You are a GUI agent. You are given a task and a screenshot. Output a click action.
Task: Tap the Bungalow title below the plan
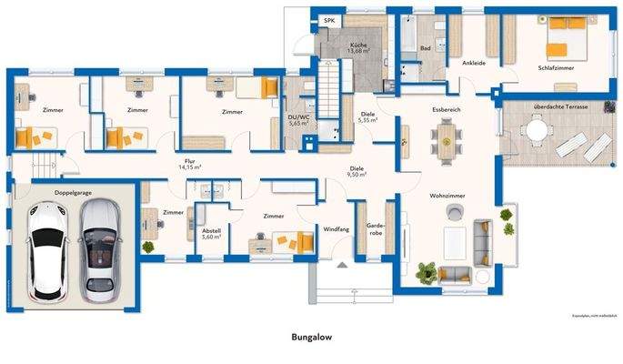coord(311,337)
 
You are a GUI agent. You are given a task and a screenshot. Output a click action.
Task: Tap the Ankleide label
coord(473,64)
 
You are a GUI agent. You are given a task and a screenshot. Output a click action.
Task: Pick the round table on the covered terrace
coord(538,132)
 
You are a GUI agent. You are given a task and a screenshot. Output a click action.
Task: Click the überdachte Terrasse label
coord(559,107)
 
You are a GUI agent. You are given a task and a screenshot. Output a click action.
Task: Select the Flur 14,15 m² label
coord(189,165)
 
